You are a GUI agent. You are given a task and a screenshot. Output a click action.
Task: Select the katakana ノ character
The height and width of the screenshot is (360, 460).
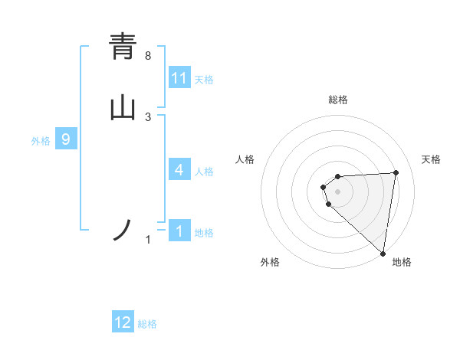coord(123,231)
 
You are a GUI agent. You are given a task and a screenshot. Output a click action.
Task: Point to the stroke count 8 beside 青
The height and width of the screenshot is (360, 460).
coord(148,56)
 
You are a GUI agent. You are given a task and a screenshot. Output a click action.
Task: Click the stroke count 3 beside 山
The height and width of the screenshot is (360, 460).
coord(148,117)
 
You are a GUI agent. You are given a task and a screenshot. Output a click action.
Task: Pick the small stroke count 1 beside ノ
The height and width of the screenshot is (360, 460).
coord(148,241)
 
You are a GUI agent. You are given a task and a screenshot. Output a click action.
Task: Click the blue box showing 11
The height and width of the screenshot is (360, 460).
coord(179,78)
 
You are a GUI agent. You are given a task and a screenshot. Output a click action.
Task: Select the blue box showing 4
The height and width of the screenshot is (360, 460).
coord(179,170)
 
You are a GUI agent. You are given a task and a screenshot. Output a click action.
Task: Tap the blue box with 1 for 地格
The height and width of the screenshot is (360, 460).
coord(179,231)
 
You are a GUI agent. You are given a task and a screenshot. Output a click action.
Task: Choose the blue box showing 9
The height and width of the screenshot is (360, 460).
coord(66,139)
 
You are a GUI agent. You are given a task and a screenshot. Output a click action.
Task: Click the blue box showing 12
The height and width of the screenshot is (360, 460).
coord(123,322)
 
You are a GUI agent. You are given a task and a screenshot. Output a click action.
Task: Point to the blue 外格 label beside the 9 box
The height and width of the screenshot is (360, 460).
coord(41,140)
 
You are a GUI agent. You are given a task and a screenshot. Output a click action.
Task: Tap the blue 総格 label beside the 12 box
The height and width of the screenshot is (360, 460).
coord(147,324)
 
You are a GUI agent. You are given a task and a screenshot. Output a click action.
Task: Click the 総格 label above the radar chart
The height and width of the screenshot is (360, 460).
coord(338,100)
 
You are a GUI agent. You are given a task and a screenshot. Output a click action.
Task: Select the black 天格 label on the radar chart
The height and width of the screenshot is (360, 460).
coord(431,159)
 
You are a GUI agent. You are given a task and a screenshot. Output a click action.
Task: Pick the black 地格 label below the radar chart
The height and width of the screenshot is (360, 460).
coord(402,262)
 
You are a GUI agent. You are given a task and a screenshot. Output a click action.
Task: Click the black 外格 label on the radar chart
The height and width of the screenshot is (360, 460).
coord(270,262)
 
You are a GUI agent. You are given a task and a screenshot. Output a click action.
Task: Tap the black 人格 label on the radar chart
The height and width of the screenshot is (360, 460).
coord(245,159)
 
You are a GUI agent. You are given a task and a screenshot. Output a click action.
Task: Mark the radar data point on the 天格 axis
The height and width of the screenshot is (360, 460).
coord(396,172)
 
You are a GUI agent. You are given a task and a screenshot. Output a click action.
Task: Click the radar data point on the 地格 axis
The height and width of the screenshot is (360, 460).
coord(383,253)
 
